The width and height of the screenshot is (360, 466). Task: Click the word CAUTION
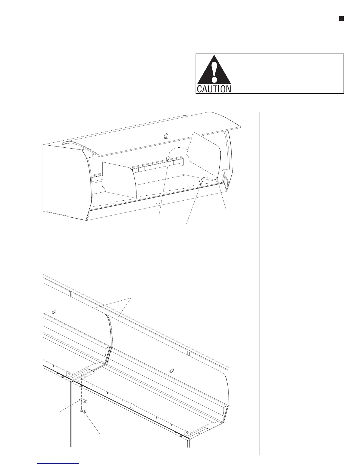214,89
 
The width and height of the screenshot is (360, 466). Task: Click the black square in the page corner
341,19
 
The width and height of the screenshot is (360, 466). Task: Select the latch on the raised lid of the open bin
166,136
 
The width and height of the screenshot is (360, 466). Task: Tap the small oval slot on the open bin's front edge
158,203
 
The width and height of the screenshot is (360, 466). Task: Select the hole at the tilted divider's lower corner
216,177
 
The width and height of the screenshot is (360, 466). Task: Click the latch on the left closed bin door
54,312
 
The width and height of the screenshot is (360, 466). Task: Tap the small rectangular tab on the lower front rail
132,407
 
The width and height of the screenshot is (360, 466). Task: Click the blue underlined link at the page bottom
59,464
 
